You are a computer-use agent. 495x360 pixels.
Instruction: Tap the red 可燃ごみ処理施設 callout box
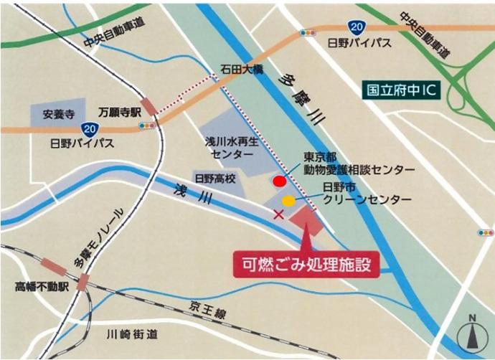tap(306, 263)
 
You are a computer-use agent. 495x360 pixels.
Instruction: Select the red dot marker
tap(280, 181)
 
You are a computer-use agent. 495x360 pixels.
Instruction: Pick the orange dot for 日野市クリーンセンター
tap(288, 201)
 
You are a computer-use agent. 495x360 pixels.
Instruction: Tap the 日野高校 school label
tap(213, 177)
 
